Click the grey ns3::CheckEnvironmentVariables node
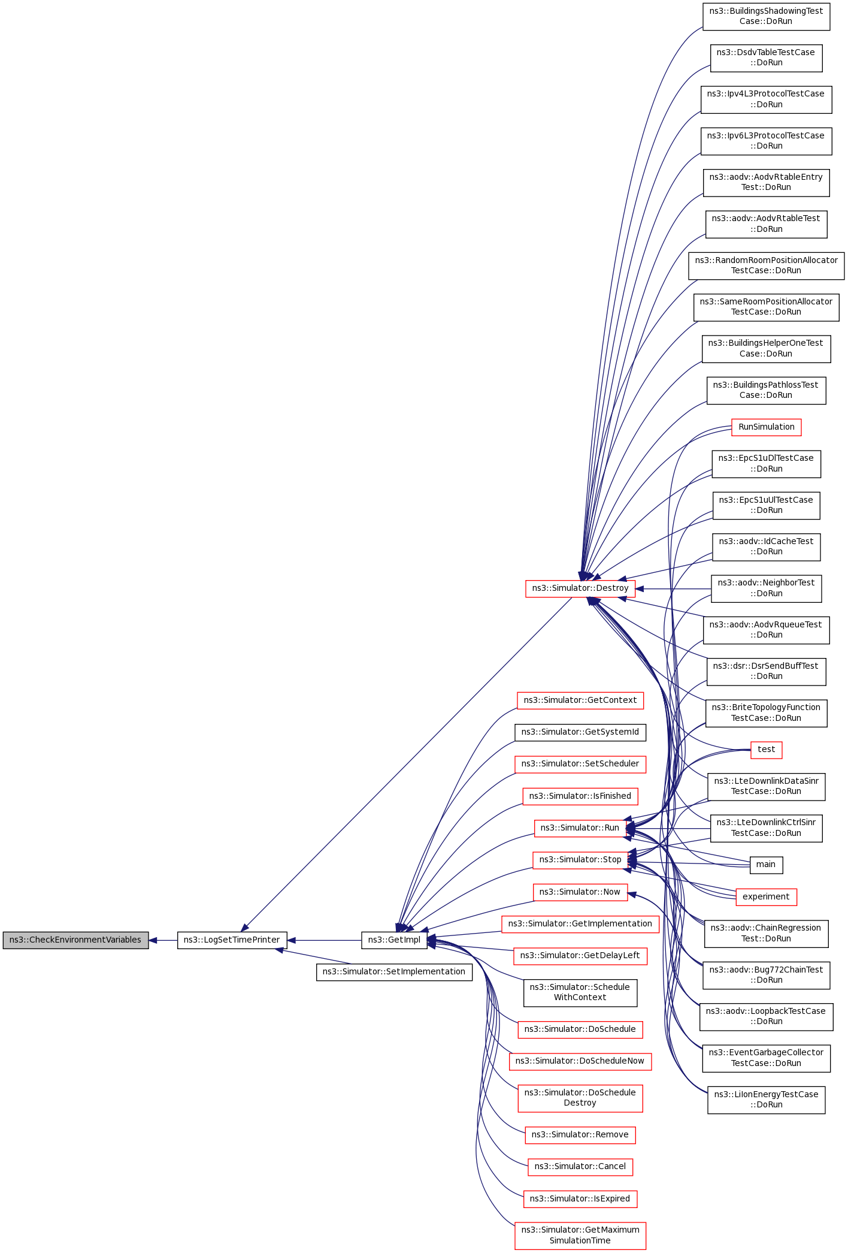[x=75, y=940]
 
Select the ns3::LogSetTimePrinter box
[x=232, y=940]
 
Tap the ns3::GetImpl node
[x=394, y=940]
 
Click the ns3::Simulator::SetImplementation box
[x=394, y=971]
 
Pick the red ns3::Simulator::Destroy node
[x=580, y=588]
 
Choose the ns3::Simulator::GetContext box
[x=580, y=700]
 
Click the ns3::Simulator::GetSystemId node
[x=580, y=732]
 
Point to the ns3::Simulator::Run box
[x=580, y=828]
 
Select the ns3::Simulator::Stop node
[x=580, y=859]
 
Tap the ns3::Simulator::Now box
[x=580, y=892]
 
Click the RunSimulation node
[x=766, y=427]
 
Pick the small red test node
[x=766, y=749]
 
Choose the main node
[x=766, y=864]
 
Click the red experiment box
[x=766, y=896]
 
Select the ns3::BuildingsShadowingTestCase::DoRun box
[x=766, y=16]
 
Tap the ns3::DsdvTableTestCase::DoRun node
[x=766, y=58]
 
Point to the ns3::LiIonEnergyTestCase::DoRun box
[x=766, y=1099]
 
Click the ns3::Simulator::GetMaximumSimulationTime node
[x=580, y=1235]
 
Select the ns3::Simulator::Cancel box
[x=580, y=1166]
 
